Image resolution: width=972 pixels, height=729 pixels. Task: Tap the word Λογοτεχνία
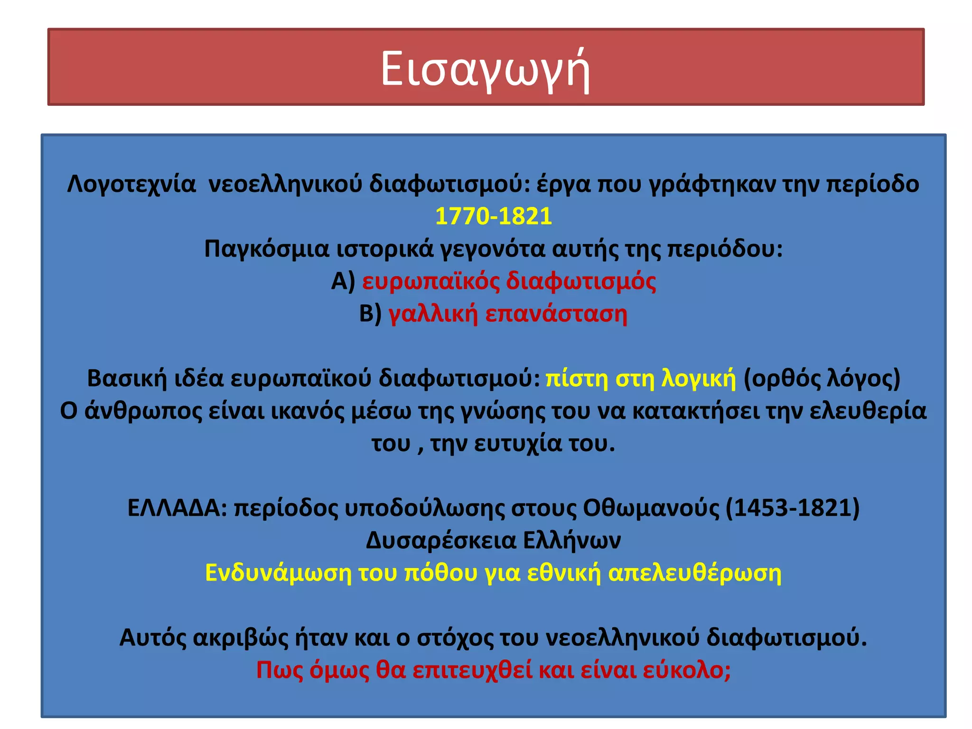[x=131, y=184]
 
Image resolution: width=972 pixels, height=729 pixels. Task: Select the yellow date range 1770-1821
[x=494, y=216]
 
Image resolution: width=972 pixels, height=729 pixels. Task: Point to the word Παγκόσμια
[x=267, y=248]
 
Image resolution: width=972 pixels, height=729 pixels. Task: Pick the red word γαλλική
[x=433, y=313]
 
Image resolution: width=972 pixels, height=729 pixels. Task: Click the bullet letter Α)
[x=343, y=281]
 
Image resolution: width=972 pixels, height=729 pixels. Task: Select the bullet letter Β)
[x=370, y=313]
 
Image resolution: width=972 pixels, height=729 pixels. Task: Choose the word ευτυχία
[x=518, y=443]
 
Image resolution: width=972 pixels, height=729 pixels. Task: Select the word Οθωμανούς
[x=651, y=508]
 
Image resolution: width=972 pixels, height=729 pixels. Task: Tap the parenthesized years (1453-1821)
[x=793, y=508]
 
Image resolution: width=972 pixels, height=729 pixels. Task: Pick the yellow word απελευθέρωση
[x=694, y=573]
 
